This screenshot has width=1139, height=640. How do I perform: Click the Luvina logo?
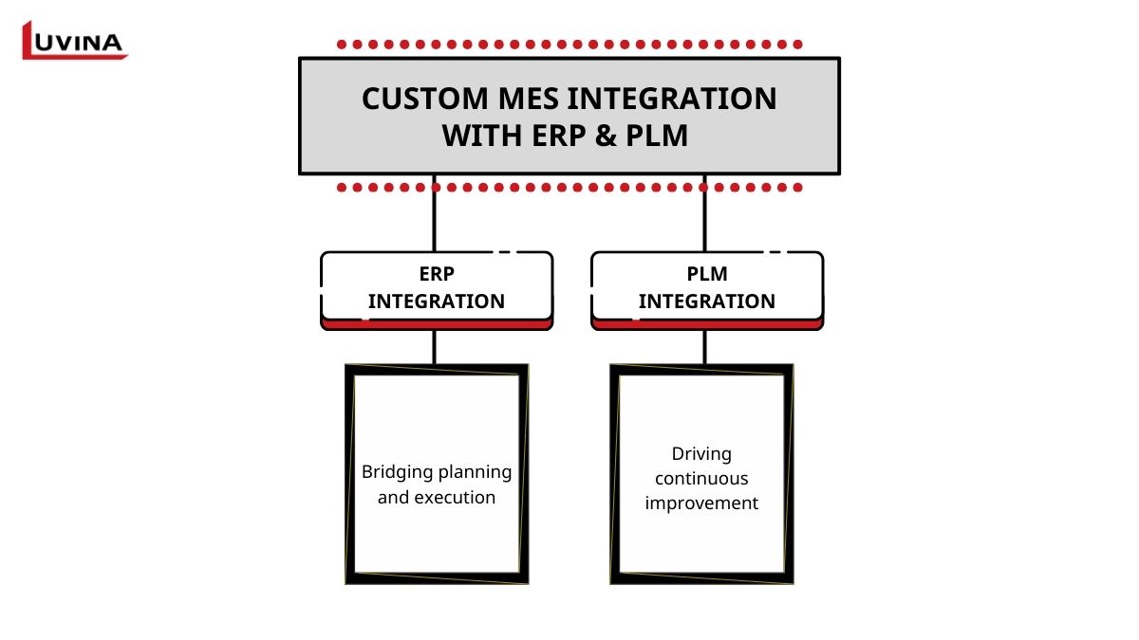pyautogui.click(x=74, y=41)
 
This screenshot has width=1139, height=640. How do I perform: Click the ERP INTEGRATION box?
pyautogui.click(x=437, y=287)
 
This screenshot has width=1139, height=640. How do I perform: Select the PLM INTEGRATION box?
pyautogui.click(x=707, y=287)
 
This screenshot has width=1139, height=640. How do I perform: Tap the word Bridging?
pyautogui.click(x=398, y=472)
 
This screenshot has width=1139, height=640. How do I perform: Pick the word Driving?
pyautogui.click(x=701, y=454)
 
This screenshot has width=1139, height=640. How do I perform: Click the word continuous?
pyautogui.click(x=701, y=479)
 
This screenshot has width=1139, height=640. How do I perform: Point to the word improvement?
pyautogui.click(x=701, y=503)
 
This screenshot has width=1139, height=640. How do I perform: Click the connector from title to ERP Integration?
pyautogui.click(x=435, y=213)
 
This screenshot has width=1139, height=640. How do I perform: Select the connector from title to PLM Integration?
pyautogui.click(x=704, y=213)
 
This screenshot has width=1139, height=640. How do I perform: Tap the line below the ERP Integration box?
pyautogui.click(x=435, y=347)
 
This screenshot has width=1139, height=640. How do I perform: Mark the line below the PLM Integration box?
pyautogui.click(x=704, y=347)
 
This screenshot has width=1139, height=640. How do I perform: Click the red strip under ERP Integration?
pyautogui.click(x=437, y=324)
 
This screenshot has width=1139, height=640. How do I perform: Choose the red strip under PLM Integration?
pyautogui.click(x=707, y=324)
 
